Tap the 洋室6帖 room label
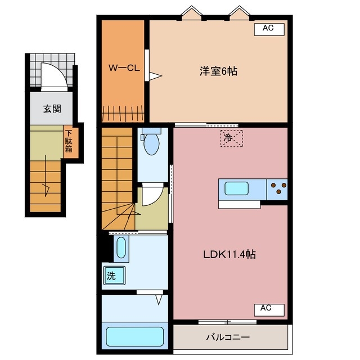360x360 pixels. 218,71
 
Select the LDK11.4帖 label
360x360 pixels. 229,255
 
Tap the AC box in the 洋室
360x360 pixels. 268,28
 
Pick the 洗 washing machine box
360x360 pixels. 113,276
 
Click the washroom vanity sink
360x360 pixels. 120,248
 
